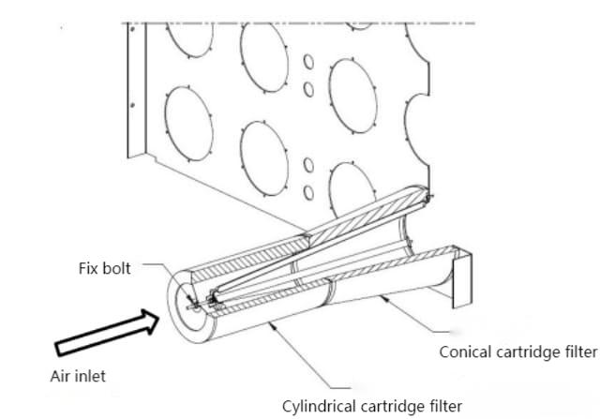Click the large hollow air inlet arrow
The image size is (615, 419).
102,331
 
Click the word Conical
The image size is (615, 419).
466,352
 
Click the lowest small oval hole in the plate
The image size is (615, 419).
307,193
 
